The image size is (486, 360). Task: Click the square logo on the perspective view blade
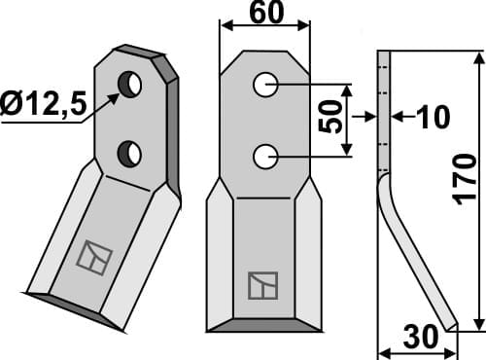tap(95, 256)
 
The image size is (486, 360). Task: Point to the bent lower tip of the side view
tap(442, 316)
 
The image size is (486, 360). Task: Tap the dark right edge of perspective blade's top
tap(172, 126)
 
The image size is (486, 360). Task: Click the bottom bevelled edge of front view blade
tap(262, 323)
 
